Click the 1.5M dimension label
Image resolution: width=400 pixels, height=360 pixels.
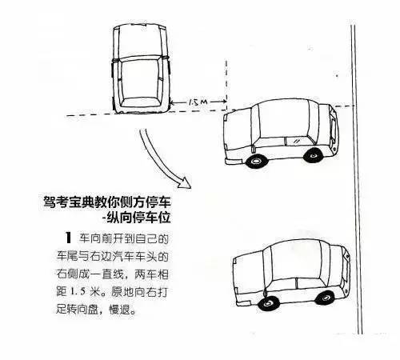coord(198,102)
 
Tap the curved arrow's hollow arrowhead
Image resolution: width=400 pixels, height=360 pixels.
coord(185,182)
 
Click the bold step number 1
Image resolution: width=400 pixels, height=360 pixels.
coord(69,238)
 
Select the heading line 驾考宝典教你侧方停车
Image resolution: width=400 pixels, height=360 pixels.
coord(106,202)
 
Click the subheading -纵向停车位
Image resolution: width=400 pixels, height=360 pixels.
coord(136,218)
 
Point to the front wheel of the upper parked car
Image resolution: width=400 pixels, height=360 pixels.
coord(256,161)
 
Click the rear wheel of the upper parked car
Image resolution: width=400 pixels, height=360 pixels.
coord(313,154)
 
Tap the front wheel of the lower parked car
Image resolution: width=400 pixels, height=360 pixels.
coord(269,302)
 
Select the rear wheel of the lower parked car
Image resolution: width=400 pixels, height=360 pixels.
coord(325,298)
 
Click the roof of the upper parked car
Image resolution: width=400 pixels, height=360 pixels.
coord(283,119)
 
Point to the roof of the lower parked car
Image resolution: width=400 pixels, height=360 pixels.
coord(296,259)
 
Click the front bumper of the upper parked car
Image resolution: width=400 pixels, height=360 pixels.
coord(234,162)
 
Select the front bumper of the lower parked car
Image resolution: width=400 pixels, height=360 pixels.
coord(243,302)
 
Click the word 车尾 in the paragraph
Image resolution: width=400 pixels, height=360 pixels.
coord(66,257)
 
